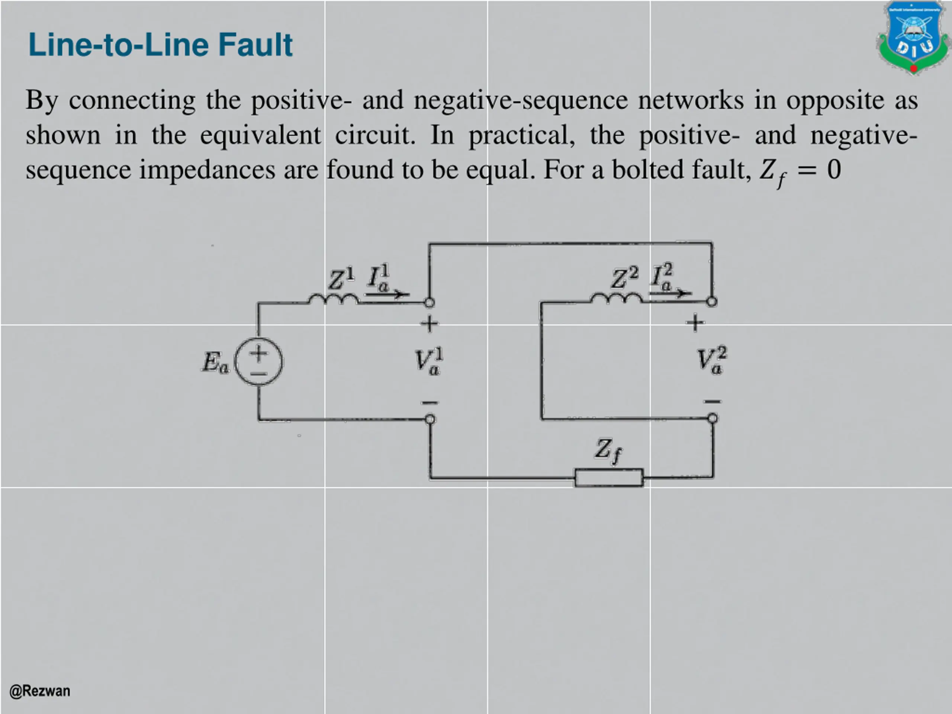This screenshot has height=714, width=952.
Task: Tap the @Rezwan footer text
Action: pyautogui.click(x=39, y=691)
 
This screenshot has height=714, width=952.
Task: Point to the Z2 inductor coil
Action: pyautogui.click(x=616, y=298)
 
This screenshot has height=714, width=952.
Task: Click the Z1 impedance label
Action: pyautogui.click(x=341, y=279)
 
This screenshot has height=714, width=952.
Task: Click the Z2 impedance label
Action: pyautogui.click(x=624, y=277)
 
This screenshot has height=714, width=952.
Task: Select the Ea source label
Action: pyautogui.click(x=215, y=362)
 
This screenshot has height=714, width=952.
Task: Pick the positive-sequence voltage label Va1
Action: pyautogui.click(x=429, y=361)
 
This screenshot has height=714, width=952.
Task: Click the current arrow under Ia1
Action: pyautogui.click(x=387, y=295)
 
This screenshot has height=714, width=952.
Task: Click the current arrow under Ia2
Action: pyautogui.click(x=670, y=293)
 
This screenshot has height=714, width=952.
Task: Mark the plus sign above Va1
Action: pyautogui.click(x=429, y=324)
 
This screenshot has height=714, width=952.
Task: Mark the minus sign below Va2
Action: pyautogui.click(x=712, y=402)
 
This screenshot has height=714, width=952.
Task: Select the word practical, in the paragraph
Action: pyautogui.click(x=522, y=135)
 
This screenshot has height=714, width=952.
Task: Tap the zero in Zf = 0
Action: pyautogui.click(x=834, y=170)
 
